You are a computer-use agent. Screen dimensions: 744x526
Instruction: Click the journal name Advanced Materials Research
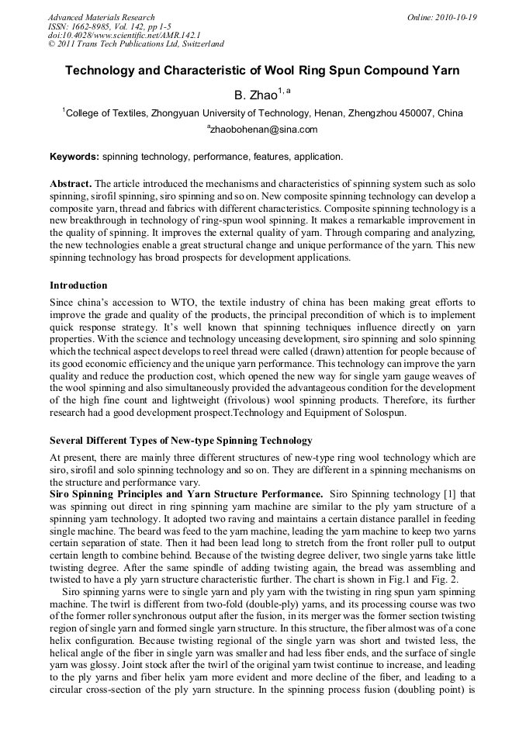pyautogui.click(x=101, y=17)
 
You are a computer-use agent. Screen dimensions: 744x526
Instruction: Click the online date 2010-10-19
pyautogui.click(x=456, y=17)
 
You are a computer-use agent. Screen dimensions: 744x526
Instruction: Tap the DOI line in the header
pyautogui.click(x=124, y=35)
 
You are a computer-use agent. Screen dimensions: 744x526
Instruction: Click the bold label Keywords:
pyautogui.click(x=74, y=157)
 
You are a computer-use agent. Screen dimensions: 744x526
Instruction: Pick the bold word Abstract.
pyautogui.click(x=71, y=183)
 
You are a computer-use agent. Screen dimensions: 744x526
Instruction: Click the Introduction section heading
pyautogui.click(x=78, y=285)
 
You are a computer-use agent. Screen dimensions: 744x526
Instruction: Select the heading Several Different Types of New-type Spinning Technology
pyautogui.click(x=181, y=441)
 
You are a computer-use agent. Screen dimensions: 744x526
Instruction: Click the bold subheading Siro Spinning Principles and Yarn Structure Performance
pyautogui.click(x=186, y=494)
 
